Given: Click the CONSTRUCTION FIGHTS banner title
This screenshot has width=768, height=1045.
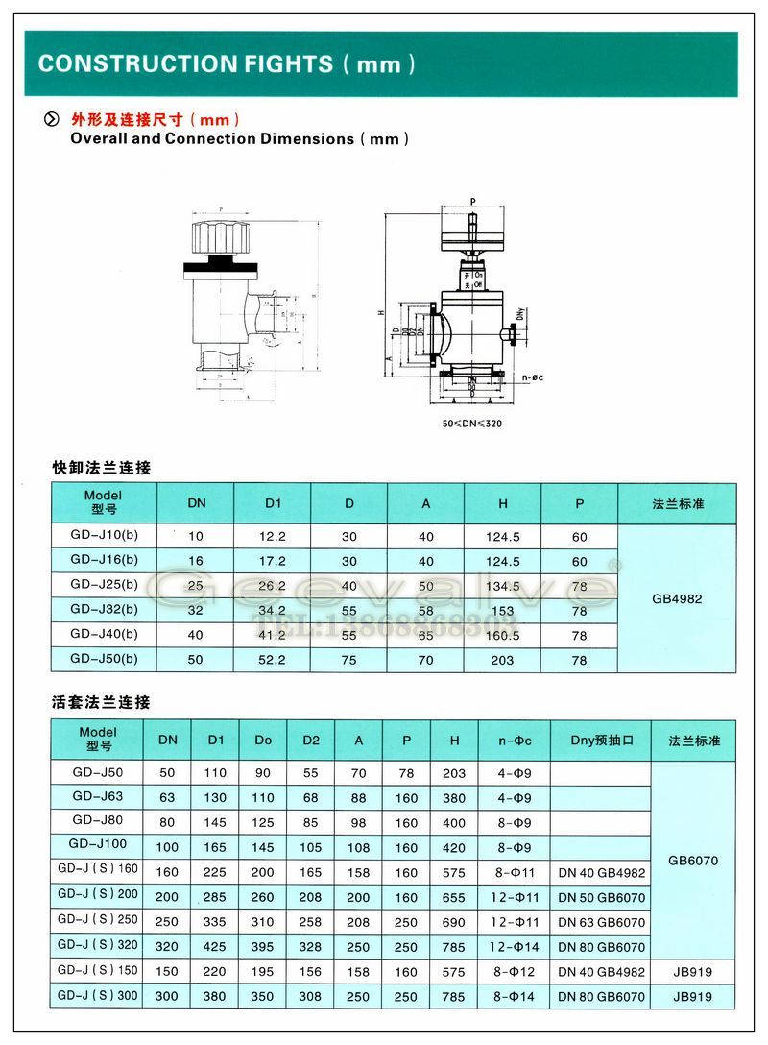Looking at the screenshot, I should [227, 64].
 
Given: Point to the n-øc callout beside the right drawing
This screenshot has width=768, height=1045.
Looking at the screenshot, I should [533, 377].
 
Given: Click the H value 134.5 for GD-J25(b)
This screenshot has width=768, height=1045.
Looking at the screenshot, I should [502, 586].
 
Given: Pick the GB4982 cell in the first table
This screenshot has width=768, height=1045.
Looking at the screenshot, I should [677, 598].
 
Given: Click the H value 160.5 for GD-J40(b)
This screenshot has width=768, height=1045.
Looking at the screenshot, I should [502, 635].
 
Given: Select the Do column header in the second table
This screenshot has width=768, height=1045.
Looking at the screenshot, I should [263, 740].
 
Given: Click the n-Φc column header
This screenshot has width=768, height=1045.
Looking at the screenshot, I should [515, 740].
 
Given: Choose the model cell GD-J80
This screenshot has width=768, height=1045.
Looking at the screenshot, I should [98, 820].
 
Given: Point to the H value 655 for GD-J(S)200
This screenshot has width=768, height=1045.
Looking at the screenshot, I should [453, 898].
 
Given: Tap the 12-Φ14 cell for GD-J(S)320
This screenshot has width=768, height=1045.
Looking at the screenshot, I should [515, 947].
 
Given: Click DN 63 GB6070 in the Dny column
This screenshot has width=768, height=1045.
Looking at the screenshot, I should [601, 922].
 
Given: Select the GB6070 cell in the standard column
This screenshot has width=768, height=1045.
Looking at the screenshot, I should [693, 861].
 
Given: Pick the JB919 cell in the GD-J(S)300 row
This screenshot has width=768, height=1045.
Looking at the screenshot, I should [693, 997].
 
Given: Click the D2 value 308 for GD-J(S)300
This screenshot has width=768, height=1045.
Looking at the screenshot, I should [311, 997].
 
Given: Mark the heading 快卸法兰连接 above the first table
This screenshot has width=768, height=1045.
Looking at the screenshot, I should [101, 468].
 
